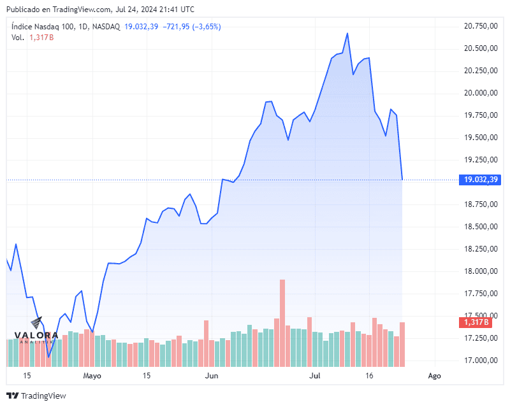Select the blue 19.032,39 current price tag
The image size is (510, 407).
(477, 180)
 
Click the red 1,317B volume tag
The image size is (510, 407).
(477, 322)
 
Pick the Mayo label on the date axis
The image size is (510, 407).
(92, 376)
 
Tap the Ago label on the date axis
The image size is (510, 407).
(434, 376)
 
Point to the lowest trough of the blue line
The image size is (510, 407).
(48, 357)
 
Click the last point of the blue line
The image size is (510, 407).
(402, 179)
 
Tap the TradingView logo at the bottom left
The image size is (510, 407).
(36, 396)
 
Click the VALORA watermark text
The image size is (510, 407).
(37, 335)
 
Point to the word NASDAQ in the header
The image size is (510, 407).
(106, 27)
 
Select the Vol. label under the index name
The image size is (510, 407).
(18, 38)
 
